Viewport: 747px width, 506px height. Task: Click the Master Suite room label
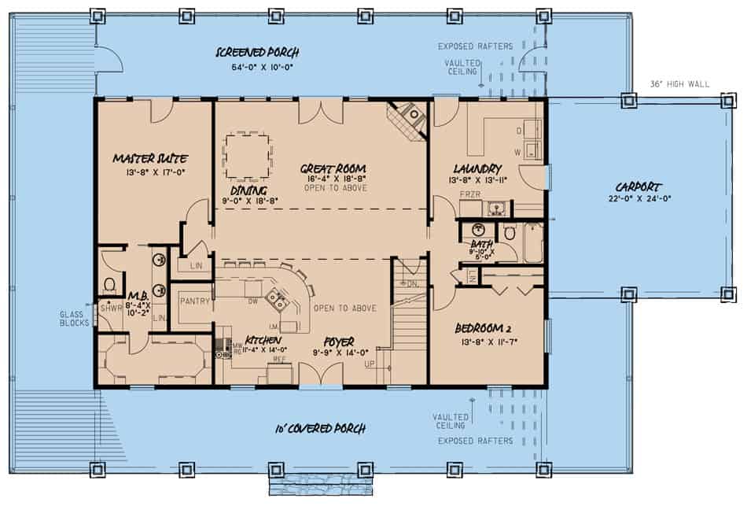pyautogui.click(x=149, y=158)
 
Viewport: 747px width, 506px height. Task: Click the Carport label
pyautogui.click(x=638, y=187)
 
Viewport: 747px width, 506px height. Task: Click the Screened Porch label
pyautogui.click(x=258, y=53)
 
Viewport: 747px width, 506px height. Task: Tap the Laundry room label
pyautogui.click(x=477, y=168)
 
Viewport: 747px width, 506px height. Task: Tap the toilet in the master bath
pyautogui.click(x=110, y=283)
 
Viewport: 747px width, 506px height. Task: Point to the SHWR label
pyautogui.click(x=110, y=308)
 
